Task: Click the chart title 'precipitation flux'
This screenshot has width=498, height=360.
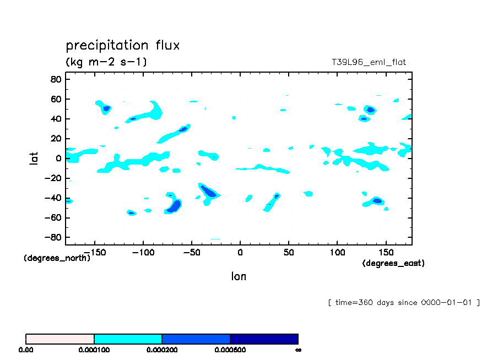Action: click(122, 45)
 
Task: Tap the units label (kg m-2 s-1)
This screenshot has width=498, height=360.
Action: click(106, 62)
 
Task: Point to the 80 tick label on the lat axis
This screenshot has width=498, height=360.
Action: click(55, 79)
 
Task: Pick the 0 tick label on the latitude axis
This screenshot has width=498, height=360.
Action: click(59, 159)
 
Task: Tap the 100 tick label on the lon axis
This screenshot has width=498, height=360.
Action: click(337, 252)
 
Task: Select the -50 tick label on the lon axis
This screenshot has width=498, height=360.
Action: click(191, 252)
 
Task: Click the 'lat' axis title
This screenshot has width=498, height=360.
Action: click(34, 159)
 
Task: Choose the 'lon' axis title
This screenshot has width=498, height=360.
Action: click(239, 276)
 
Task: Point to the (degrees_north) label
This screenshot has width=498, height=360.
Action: click(57, 258)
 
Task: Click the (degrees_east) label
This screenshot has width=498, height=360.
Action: click(393, 264)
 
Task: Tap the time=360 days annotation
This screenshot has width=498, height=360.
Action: click(403, 302)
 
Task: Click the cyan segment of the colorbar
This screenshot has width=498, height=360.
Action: click(128, 339)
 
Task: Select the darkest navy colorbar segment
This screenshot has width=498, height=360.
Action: click(264, 339)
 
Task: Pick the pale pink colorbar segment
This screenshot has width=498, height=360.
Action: click(60, 339)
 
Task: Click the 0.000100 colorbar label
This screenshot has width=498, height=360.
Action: click(94, 350)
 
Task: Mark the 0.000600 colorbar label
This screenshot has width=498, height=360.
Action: click(230, 350)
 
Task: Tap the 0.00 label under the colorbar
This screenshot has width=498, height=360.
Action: click(26, 350)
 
